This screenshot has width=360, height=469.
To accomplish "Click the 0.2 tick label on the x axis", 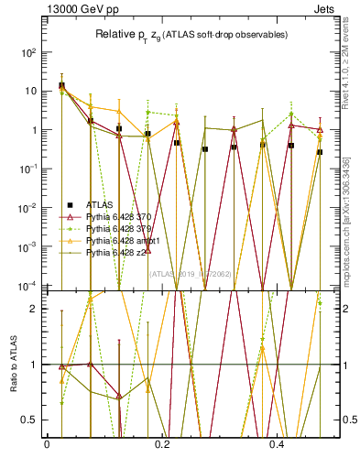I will pos(162,445).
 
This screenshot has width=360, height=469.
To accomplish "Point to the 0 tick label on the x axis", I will pos(47,445).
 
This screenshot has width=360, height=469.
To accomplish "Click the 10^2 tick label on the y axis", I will pos(27,52).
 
